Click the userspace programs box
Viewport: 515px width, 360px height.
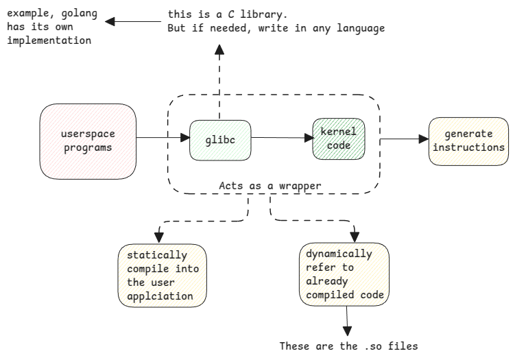[87, 139]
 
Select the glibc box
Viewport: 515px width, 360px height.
[219, 139]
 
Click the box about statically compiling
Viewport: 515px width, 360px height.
[163, 275]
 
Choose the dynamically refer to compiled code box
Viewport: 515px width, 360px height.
[344, 274]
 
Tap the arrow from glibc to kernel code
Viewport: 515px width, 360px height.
[281, 138]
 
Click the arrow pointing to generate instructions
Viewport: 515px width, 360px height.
[404, 139]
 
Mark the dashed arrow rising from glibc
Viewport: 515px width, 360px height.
[219, 82]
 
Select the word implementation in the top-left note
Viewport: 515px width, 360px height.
[49, 40]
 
